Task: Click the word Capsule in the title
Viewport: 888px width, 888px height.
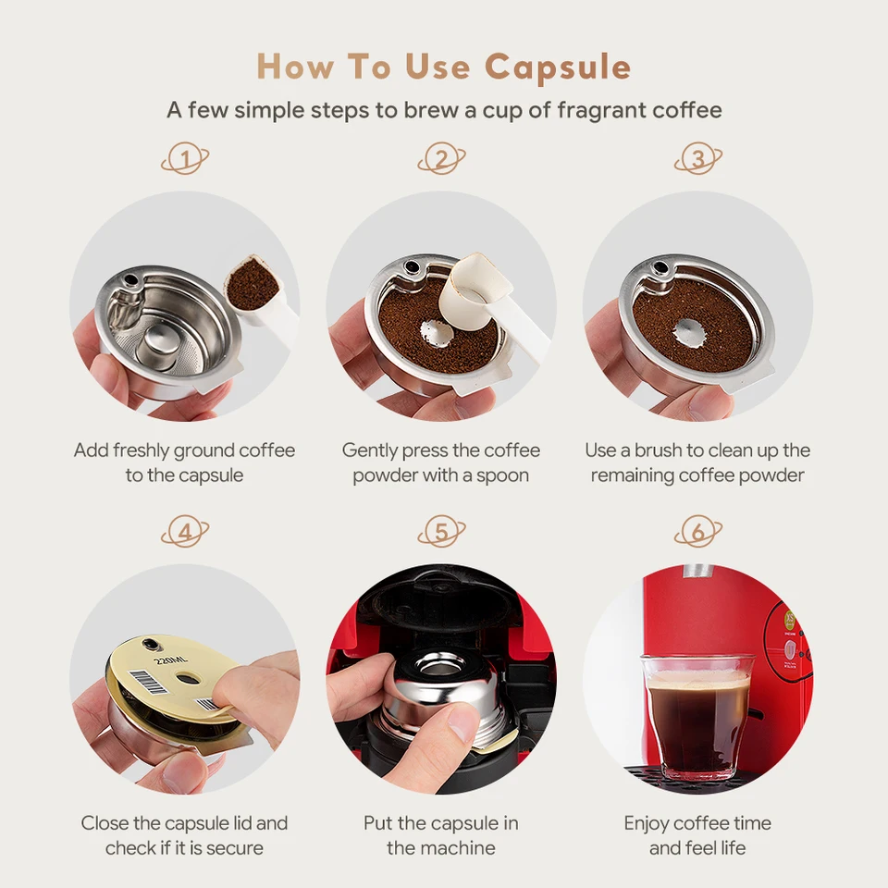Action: (x=557, y=68)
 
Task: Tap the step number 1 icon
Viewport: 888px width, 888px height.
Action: (x=185, y=158)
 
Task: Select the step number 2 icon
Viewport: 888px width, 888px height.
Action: (x=442, y=158)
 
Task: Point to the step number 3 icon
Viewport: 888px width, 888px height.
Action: (x=698, y=158)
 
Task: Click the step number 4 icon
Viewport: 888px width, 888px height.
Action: (x=185, y=532)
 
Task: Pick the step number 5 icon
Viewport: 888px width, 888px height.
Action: (x=442, y=532)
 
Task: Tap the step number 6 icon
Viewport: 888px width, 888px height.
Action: (x=698, y=532)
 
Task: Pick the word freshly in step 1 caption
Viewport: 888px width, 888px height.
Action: (x=141, y=451)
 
